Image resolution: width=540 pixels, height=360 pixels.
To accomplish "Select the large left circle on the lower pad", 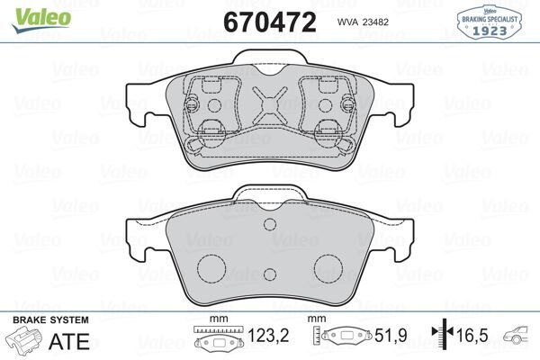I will (211, 266).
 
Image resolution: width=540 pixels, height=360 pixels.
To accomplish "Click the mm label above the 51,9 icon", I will (317, 320).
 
